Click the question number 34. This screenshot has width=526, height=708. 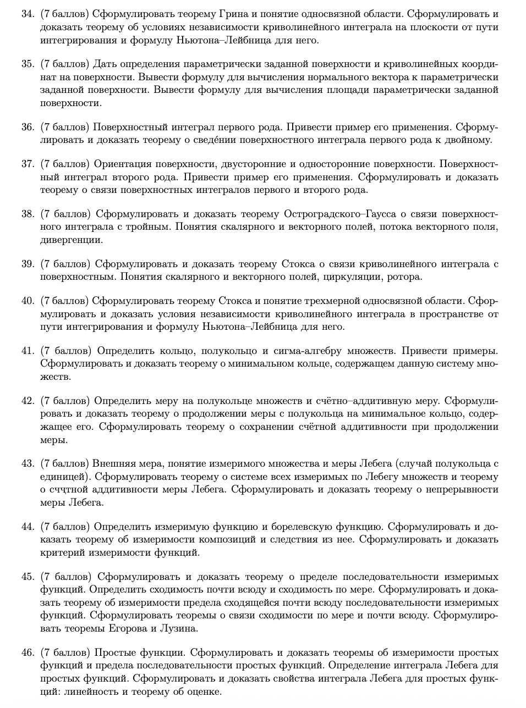tap(28, 14)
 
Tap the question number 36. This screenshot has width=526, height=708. tap(28, 128)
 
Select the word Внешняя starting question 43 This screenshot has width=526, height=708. tap(113, 463)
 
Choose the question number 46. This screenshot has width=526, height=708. tap(28, 653)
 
